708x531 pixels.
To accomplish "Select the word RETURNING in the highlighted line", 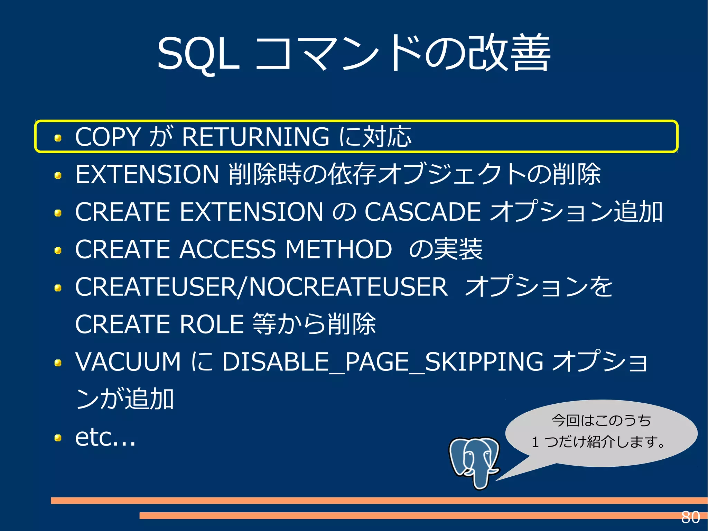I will tap(255, 137).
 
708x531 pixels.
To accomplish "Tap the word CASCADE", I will tap(422, 212).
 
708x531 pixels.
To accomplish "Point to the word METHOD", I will tap(338, 249).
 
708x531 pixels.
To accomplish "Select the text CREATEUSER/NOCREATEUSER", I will tap(261, 287).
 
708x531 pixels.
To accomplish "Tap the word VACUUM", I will tap(128, 362).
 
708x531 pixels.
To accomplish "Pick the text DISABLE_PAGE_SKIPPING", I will tap(382, 362).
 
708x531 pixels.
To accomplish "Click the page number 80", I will tap(690, 518).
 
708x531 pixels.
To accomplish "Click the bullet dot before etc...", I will tap(58, 438).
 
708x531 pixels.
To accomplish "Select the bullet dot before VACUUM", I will tap(58, 363).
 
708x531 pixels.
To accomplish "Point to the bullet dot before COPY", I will tap(58, 138).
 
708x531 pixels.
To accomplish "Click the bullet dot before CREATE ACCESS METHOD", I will tap(58, 250).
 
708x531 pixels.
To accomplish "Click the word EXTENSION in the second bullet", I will tap(147, 174).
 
